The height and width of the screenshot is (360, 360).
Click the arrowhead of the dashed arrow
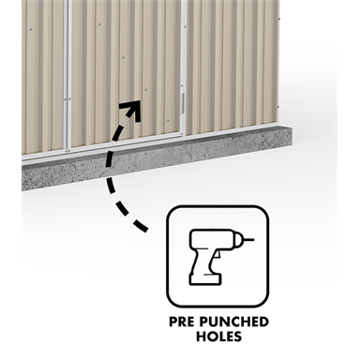coord(132,109)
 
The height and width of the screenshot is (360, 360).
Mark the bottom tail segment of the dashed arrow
coord(140,226)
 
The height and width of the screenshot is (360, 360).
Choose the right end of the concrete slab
coord(285,139)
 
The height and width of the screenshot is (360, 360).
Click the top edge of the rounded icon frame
coord(217,207)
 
